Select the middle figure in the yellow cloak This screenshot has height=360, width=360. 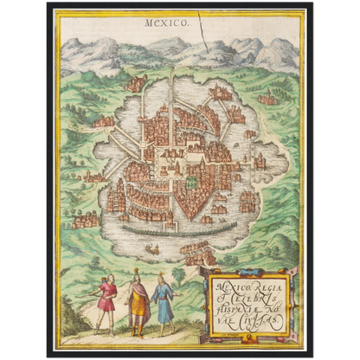tap(137, 302)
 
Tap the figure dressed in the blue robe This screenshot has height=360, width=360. tap(162, 302)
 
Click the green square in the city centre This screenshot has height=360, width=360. tap(191, 183)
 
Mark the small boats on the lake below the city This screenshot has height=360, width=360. tap(152, 251)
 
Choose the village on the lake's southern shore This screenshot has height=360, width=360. tap(199, 253)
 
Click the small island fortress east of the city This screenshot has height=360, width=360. tap(260, 161)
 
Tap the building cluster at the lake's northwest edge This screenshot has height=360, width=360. tap(136, 84)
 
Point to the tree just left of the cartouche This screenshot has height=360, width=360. tap(179, 276)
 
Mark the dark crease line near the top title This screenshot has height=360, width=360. tap(202, 30)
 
